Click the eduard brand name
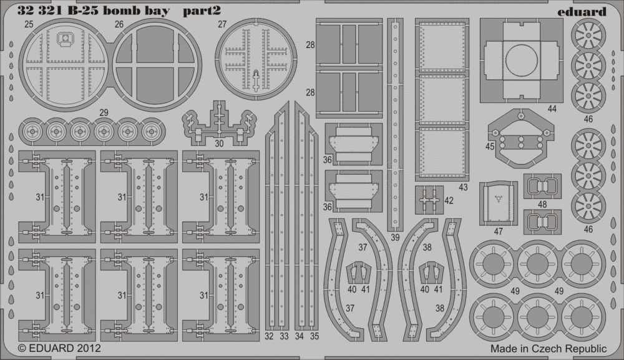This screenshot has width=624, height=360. pyautogui.click(x=582, y=11)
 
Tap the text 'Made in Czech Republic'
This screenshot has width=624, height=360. pyautogui.click(x=548, y=349)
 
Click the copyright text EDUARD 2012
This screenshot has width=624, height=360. pyautogui.click(x=59, y=349)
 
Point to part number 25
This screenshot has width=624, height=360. pyautogui.click(x=29, y=24)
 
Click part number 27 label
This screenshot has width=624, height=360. pyautogui.click(x=222, y=24)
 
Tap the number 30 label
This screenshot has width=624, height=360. pyautogui.click(x=219, y=144)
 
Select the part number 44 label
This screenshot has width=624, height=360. pyautogui.click(x=552, y=109)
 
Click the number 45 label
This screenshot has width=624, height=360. pyautogui.click(x=489, y=147)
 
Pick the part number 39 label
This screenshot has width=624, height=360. pyautogui.click(x=395, y=238)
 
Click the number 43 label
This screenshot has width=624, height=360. pyautogui.click(x=463, y=187)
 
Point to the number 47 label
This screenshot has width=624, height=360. pyautogui.click(x=498, y=231)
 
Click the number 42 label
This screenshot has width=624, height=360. pyautogui.click(x=449, y=200)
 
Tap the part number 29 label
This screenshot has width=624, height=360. pyautogui.click(x=104, y=112)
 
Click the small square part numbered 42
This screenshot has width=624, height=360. pyautogui.click(x=429, y=200)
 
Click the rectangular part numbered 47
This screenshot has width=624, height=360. pyautogui.click(x=498, y=203)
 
